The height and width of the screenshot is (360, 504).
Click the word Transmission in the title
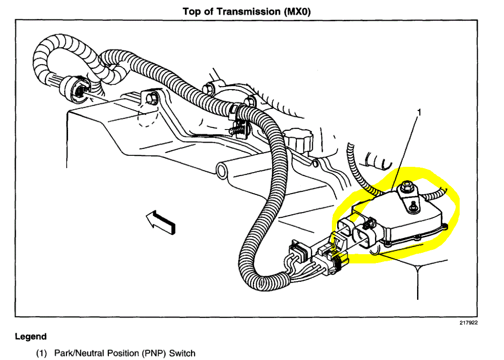pyautogui.click(x=241, y=11)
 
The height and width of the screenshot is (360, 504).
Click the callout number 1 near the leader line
pyautogui.click(x=418, y=113)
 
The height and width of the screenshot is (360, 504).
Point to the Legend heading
pyautogui.click(x=30, y=337)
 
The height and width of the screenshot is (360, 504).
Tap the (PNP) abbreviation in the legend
pyautogui.click(x=155, y=353)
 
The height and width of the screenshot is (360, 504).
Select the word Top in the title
pyautogui.click(x=191, y=11)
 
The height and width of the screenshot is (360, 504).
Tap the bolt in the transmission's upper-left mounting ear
pyautogui.click(x=151, y=99)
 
